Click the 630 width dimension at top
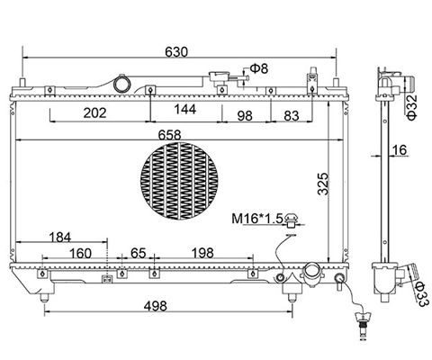(176, 51)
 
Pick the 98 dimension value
(244, 113)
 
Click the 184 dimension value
(58, 237)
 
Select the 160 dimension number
(80, 253)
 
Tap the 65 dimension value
(139, 253)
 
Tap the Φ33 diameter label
(419, 290)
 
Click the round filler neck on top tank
(121, 84)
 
